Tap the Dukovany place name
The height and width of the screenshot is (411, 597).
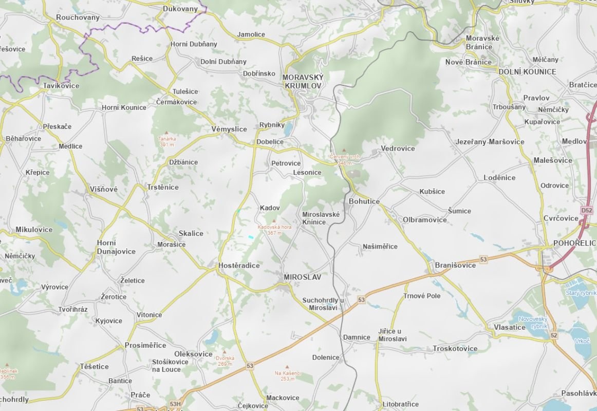coord(180,9)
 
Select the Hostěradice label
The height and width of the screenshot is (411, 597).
coord(239,266)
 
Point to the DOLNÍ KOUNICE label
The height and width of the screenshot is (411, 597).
coord(527,72)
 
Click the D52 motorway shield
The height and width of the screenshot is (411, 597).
coord(586,211)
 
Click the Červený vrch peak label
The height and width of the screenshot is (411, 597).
coord(345,159)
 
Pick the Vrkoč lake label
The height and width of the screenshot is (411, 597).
coord(582,341)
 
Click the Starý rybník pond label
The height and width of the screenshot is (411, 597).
coord(580,293)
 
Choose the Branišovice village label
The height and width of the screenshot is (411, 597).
coord(455,265)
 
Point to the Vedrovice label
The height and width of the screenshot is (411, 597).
coord(398,148)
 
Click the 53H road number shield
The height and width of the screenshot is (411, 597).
coord(175,404)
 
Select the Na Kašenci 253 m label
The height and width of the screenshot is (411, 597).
coord(287,376)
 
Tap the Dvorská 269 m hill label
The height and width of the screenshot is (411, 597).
coord(225,361)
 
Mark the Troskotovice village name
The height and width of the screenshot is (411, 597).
coord(455,348)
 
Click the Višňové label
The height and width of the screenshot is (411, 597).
coord(103,189)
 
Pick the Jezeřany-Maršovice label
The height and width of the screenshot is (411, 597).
coord(490,142)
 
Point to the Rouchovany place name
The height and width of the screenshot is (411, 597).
coord(78,17)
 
